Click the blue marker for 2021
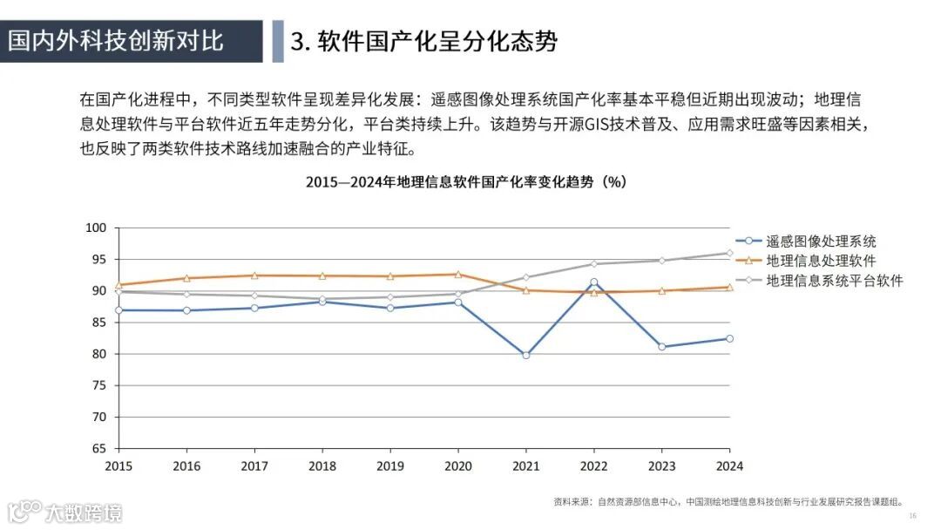pos(525,355)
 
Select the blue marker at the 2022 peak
pos(594,282)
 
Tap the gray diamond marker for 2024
pos(729,253)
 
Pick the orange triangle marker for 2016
pos(186,278)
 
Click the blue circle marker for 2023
pos(662,346)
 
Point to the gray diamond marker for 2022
pos(594,263)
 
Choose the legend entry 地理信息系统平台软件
pos(834,280)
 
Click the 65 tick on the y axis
pos(99,448)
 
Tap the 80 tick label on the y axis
pos(99,354)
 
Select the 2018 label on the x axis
pos(322,466)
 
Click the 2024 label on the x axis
pos(728,466)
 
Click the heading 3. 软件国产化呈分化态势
pos(424,41)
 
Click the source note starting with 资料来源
pos(727,501)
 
